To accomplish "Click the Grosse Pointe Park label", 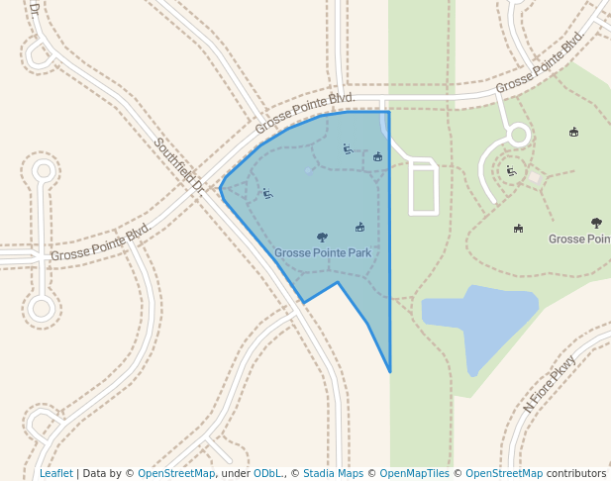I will point(323,253).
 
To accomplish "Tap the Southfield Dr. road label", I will point(178,164).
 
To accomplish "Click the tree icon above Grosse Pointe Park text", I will point(322,237).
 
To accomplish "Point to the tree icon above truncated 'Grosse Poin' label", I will point(596,223).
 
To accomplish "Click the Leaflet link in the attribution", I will point(56,473).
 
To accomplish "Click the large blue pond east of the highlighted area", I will point(480,322).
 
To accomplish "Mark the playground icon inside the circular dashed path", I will point(511,170).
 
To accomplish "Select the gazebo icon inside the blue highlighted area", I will point(377,156).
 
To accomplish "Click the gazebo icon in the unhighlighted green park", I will point(573,132).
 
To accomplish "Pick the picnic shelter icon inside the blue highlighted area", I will point(359,228).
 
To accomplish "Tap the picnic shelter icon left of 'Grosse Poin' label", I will point(518,229).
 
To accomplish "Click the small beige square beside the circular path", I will point(535,177).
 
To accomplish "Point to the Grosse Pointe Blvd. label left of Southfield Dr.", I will point(100,242).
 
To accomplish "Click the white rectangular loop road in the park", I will point(424,187).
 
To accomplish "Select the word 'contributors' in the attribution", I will point(576,473).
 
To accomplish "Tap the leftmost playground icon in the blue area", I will point(267,194).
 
